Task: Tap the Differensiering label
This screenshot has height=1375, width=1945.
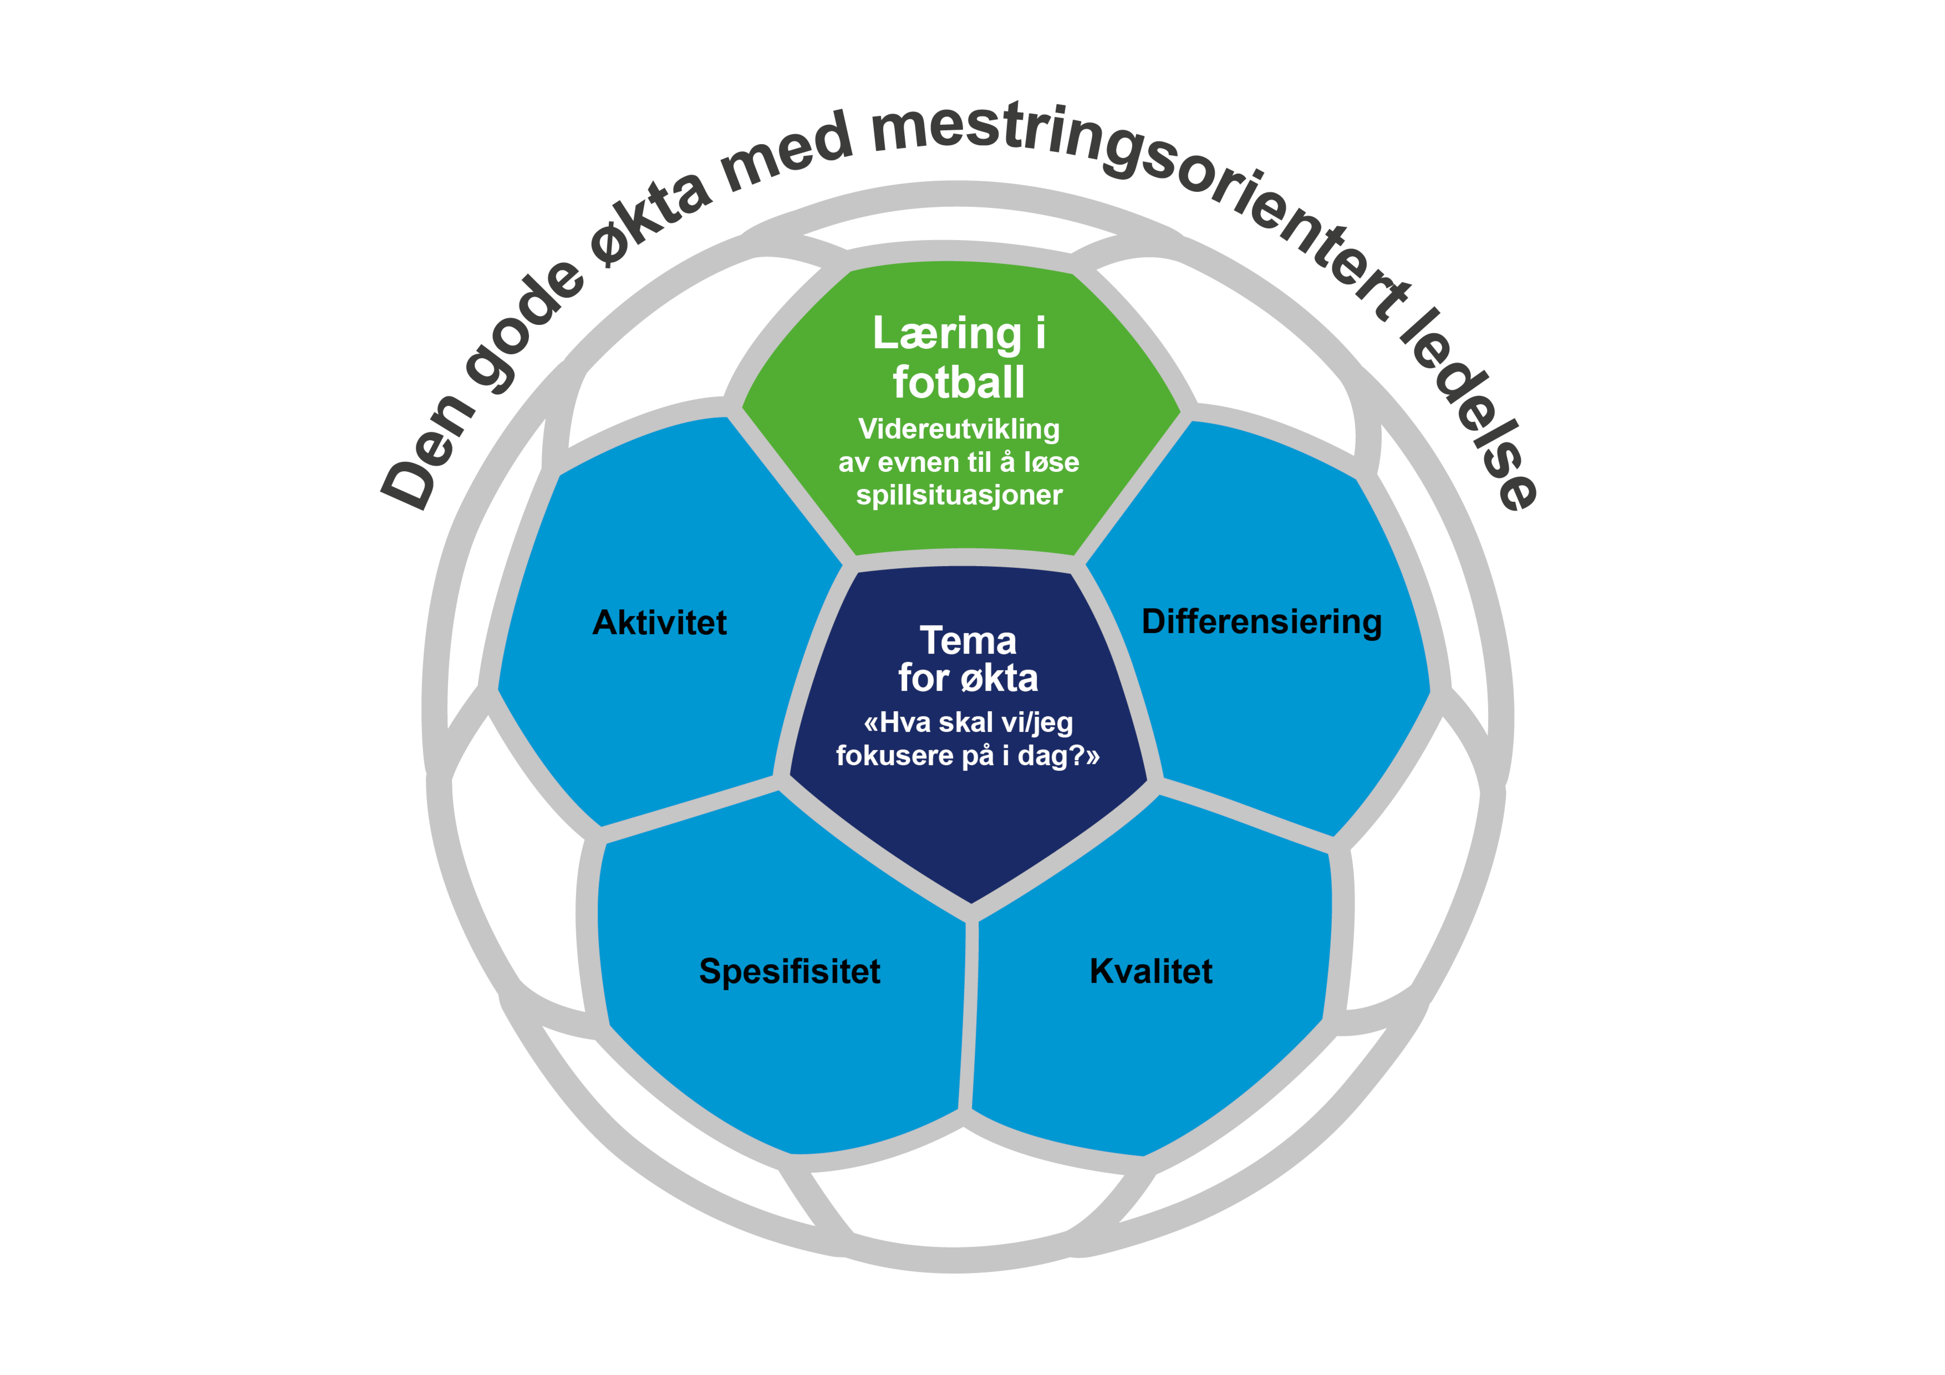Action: [x=1261, y=622]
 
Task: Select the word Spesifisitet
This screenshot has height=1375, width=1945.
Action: [x=790, y=972]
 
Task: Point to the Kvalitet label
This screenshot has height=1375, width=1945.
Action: [x=1150, y=972]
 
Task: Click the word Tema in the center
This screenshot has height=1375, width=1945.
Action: [x=968, y=641]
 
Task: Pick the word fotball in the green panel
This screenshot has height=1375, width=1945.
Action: [x=959, y=383]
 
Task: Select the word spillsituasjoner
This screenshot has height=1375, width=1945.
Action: [x=959, y=496]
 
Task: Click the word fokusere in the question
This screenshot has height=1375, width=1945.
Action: [x=894, y=756]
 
